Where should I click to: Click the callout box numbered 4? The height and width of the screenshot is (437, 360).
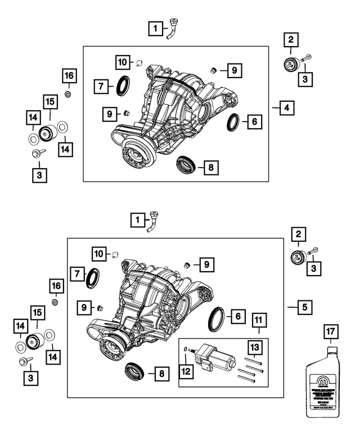287,107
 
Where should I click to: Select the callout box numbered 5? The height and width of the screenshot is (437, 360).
304,307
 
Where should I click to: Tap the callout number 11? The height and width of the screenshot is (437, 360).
259,322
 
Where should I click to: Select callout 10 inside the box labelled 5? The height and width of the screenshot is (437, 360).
100,254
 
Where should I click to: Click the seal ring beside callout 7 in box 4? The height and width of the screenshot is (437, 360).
123,85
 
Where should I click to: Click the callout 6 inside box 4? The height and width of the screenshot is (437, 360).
254,121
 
